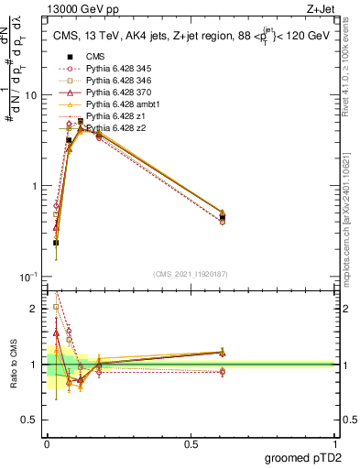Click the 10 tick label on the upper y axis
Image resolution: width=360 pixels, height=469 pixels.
pyautogui.click(x=31, y=95)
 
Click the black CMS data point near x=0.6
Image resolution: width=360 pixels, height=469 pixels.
pyautogui.click(x=223, y=217)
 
